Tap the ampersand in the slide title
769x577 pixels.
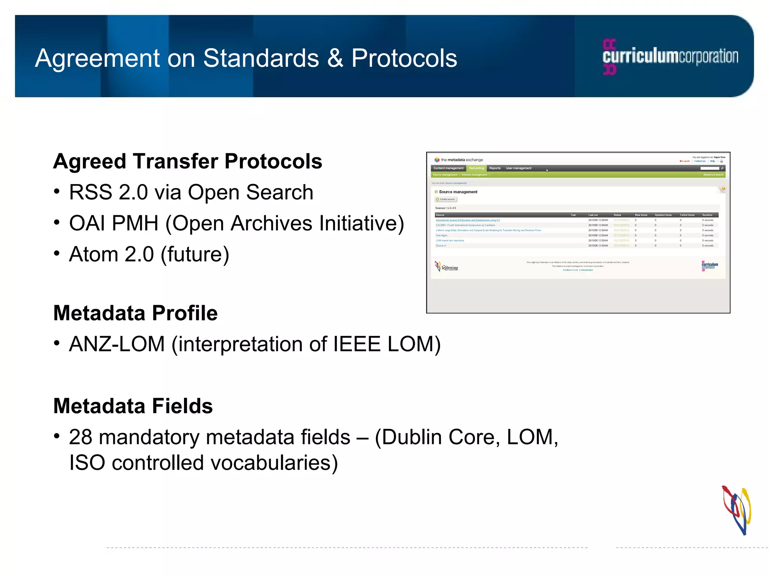[x=335, y=59]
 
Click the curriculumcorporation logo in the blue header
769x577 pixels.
[x=670, y=57]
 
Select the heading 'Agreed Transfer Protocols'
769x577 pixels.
[x=187, y=162]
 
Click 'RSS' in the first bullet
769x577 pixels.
[x=90, y=192]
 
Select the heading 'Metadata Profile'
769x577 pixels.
[x=135, y=313]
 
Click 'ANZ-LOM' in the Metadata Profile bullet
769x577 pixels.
[x=117, y=344]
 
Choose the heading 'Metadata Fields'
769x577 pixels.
[x=133, y=406]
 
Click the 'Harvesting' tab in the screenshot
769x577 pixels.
[x=476, y=168]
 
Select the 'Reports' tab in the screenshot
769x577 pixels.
[x=495, y=168]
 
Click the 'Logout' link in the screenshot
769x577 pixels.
[x=685, y=161]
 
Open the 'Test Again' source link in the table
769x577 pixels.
[x=441, y=236]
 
